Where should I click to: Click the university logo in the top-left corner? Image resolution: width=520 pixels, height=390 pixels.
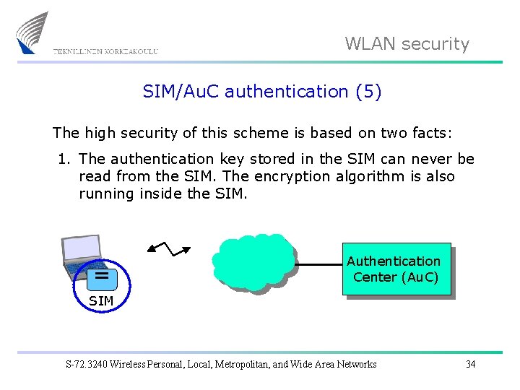(x=32, y=33)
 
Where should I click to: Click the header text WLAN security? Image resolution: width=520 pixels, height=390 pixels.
(x=407, y=44)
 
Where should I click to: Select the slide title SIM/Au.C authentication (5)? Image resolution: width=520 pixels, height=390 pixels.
(x=261, y=92)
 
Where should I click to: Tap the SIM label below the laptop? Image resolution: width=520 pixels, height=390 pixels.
(x=101, y=300)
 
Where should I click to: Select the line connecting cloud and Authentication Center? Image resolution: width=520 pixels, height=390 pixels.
(x=318, y=265)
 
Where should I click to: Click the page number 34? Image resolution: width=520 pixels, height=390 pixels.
(x=470, y=364)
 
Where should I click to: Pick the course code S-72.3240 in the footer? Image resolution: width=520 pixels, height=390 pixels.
(x=86, y=364)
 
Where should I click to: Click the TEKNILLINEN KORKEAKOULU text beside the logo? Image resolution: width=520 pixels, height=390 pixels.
(x=105, y=51)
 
